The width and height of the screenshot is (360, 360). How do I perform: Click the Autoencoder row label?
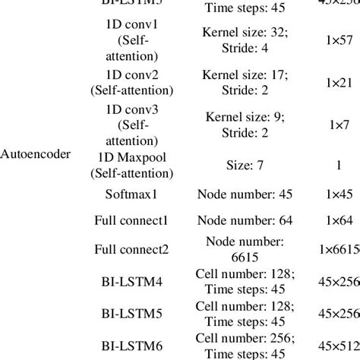tap(36, 154)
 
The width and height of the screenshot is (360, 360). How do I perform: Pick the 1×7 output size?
tap(334, 122)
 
